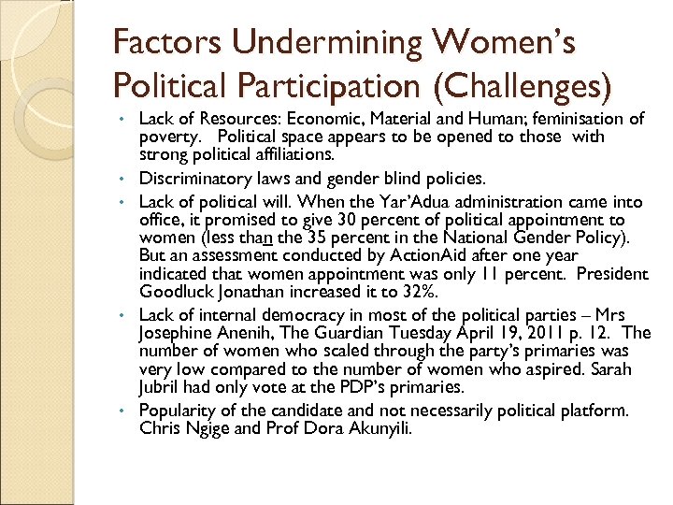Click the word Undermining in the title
pyautogui.click(x=308, y=43)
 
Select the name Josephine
pyautogui.click(x=179, y=333)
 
